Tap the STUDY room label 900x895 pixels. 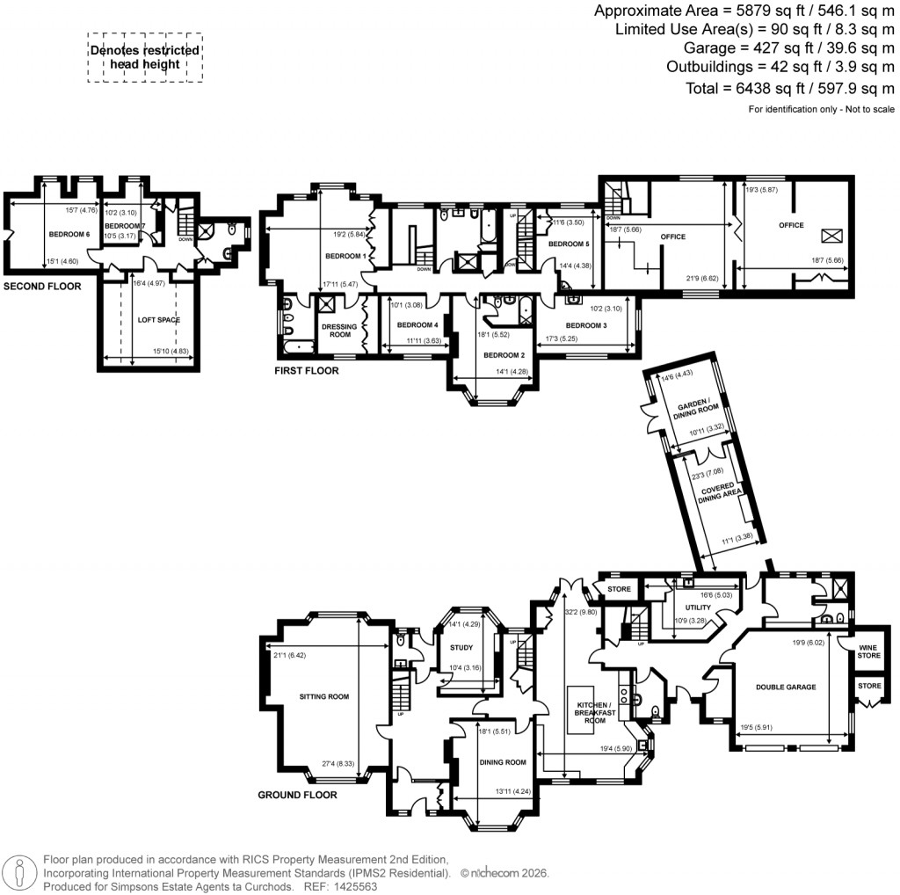461,648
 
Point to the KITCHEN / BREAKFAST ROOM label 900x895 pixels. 592,713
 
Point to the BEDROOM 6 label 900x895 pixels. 69,235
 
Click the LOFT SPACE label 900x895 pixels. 158,320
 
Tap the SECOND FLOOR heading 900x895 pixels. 42,287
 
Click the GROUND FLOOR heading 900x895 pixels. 298,794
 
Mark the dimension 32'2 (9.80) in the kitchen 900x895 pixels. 581,612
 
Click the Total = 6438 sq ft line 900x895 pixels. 789,88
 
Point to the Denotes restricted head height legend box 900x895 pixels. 145,57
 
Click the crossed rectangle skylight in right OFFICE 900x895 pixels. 831,236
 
